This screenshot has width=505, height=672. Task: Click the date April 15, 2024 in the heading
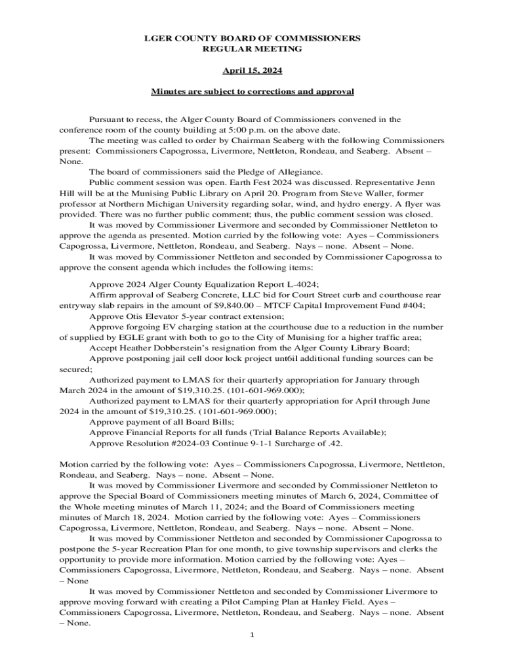(x=253, y=70)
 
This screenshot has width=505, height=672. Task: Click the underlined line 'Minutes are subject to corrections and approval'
(x=253, y=92)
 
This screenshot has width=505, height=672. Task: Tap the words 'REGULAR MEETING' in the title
(x=253, y=49)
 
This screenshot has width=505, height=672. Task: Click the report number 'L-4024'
(x=296, y=284)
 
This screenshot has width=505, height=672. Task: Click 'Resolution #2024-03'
(x=162, y=443)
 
